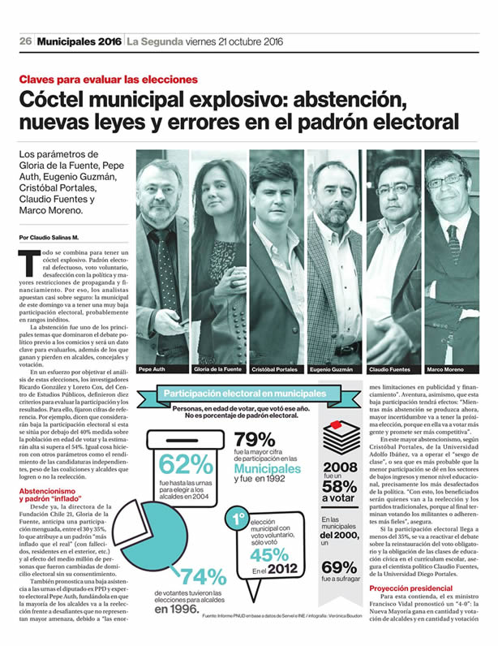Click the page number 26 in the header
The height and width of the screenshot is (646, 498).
(25, 42)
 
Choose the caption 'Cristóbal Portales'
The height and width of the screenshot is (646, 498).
(277, 368)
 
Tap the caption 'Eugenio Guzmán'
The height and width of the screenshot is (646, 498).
(331, 368)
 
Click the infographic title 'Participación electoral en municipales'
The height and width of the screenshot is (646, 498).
(244, 394)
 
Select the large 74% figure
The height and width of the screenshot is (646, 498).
(203, 579)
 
